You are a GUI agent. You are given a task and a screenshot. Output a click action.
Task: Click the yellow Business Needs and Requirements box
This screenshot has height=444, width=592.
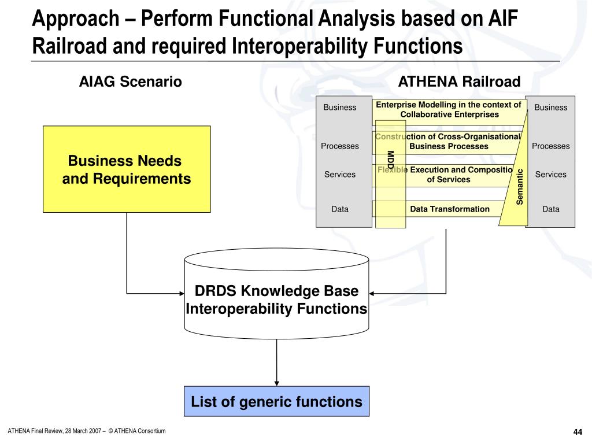coord(127,169)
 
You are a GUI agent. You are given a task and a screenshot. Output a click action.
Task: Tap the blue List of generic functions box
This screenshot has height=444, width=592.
coord(276,401)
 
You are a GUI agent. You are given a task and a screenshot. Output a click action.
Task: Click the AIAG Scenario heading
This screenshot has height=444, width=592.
coord(131,82)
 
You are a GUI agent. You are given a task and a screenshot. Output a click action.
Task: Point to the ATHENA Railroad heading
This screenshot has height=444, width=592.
coord(460,82)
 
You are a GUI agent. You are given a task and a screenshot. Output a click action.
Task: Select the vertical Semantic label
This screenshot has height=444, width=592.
coord(520,186)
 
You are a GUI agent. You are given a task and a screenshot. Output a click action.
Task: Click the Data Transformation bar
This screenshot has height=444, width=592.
coord(450,209)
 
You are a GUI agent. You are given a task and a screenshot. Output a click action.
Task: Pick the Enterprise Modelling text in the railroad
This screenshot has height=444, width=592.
coord(449,109)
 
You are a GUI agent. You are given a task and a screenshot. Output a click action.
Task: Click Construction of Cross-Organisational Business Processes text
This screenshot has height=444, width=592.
coord(449,142)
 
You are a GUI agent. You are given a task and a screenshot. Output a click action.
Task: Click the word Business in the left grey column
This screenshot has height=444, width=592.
coord(340,108)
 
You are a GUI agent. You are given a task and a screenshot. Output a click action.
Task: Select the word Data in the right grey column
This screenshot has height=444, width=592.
coord(551,209)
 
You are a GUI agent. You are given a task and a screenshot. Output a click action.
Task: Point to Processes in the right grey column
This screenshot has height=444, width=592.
coord(551,146)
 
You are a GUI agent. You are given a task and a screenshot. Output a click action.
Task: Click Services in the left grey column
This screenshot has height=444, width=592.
coord(340,175)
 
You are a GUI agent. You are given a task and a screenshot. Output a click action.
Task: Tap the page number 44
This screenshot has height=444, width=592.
coord(578,433)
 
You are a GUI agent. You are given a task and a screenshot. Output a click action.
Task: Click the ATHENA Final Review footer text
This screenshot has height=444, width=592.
coord(87,431)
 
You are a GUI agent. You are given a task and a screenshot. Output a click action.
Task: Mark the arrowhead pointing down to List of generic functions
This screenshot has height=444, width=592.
coord(277,382)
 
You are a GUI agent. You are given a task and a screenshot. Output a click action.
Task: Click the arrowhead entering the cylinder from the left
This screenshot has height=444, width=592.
coord(180,293)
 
